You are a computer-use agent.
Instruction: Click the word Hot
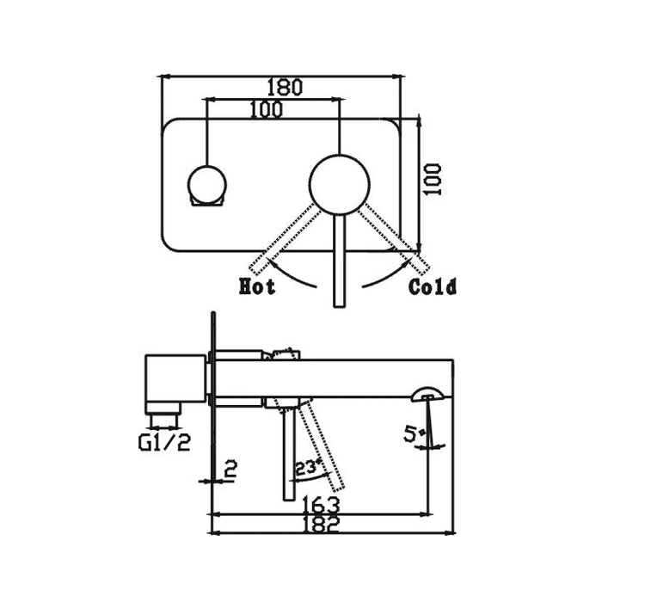[257, 286]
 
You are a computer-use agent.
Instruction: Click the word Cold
[433, 286]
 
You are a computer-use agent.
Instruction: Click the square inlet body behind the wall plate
[172, 378]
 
